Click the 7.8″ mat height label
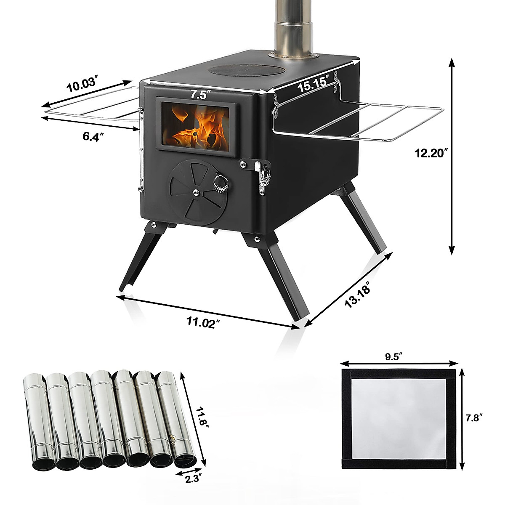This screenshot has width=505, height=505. [474, 418]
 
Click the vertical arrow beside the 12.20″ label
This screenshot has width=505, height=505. [452, 156]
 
